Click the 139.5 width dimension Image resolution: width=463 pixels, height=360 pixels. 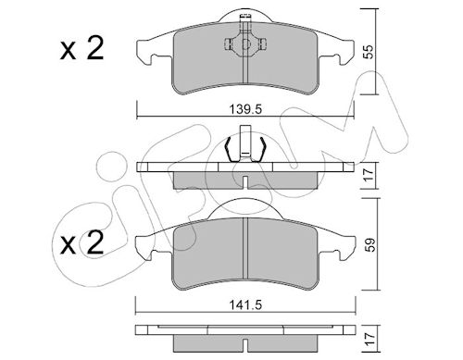coord(245,109)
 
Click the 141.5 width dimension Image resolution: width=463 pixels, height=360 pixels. coord(245,305)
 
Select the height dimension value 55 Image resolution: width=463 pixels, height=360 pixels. coord(368,52)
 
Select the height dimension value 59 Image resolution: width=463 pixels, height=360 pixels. coord(370,244)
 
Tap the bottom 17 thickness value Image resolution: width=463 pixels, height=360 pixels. coord(370,339)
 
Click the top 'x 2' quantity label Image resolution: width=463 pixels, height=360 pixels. coord(81,49)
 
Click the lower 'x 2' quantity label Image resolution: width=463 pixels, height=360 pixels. coord(81,243)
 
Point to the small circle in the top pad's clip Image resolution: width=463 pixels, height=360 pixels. coord(245,44)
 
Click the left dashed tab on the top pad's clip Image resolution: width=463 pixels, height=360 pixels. coord(228,44)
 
